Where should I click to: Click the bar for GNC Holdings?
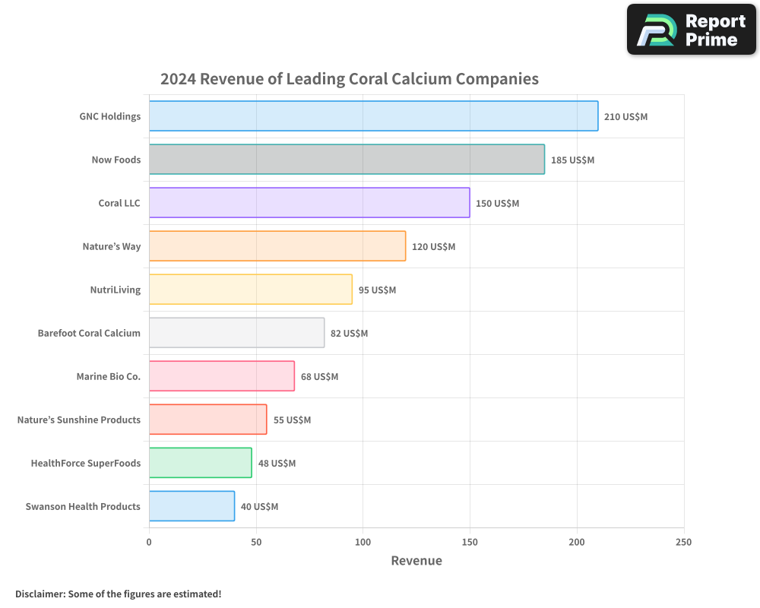click(x=373, y=116)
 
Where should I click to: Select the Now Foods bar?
click(x=347, y=160)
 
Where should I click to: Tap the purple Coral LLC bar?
click(x=309, y=203)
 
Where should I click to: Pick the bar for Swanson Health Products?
click(x=192, y=506)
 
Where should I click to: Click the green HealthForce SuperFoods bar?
click(x=200, y=463)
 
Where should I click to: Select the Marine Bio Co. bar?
click(x=221, y=376)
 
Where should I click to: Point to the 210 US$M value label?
click(x=625, y=117)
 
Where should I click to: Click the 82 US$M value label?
click(x=349, y=334)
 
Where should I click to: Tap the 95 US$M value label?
click(x=377, y=290)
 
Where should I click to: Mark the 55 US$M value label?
click(x=292, y=420)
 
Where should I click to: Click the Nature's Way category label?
click(x=112, y=246)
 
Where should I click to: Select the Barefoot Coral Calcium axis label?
click(x=89, y=333)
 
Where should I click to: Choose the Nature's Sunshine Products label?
click(x=79, y=420)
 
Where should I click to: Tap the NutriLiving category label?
click(x=116, y=290)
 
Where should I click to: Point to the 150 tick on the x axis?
click(x=470, y=542)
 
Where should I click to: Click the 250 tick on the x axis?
click(x=683, y=542)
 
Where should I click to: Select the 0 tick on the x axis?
click(x=149, y=542)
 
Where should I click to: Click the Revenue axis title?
click(x=416, y=561)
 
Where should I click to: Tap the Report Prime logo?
click(x=691, y=30)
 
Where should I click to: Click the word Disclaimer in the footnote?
click(x=39, y=594)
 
